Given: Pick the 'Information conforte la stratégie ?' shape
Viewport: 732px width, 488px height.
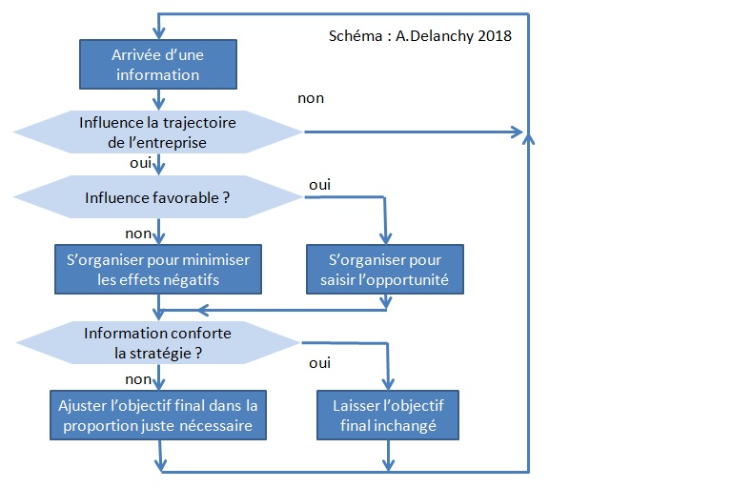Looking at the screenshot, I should [x=157, y=342].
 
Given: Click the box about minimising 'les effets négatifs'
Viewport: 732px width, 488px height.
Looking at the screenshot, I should [x=157, y=270].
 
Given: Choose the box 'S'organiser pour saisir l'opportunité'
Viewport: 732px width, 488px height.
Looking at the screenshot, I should [x=386, y=270].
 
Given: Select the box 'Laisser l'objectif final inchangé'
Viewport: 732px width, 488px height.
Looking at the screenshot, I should [x=386, y=415].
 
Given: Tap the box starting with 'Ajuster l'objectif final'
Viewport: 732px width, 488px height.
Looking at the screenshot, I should [x=157, y=415].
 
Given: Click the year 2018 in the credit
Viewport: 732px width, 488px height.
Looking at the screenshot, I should [x=494, y=36].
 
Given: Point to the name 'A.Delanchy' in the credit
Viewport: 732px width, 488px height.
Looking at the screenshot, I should [x=435, y=36].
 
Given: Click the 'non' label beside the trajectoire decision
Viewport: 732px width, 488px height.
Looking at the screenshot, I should [x=311, y=98].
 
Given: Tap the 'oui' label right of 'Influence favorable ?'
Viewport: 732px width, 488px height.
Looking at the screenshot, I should [x=318, y=184].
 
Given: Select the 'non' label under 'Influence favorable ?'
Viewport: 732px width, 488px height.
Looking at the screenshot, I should [x=138, y=233].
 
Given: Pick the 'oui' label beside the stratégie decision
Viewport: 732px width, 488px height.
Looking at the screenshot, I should [x=320, y=363].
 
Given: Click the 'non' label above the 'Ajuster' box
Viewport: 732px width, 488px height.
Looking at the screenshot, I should [x=138, y=378].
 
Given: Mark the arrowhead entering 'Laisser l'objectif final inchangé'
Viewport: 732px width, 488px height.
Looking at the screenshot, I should [x=387, y=383].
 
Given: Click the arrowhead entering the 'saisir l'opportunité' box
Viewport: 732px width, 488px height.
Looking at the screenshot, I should [x=386, y=238].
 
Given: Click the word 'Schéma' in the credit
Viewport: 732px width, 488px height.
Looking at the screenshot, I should [x=353, y=36].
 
